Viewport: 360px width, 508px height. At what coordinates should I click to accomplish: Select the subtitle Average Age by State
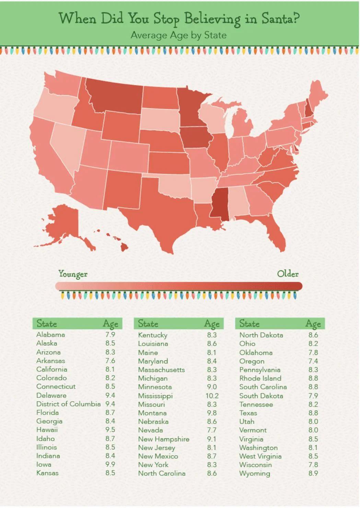[178, 35]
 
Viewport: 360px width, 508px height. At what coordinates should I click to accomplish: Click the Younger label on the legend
[73, 274]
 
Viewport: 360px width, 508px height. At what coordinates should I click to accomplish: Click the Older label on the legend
[288, 274]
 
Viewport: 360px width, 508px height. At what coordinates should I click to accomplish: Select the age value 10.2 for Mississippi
[212, 396]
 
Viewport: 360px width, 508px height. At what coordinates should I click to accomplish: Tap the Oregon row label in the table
[252, 361]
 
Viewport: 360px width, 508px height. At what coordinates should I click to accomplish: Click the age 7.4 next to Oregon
[313, 361]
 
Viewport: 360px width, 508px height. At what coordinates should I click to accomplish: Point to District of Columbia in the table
[68, 404]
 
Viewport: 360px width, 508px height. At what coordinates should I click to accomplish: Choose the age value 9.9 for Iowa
[110, 464]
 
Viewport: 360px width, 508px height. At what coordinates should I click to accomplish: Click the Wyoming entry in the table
[255, 473]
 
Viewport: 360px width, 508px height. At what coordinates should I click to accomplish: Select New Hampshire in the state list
[164, 439]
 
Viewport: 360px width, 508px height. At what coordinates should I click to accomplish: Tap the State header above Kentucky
[148, 324]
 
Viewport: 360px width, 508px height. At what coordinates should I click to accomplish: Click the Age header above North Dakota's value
[313, 324]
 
